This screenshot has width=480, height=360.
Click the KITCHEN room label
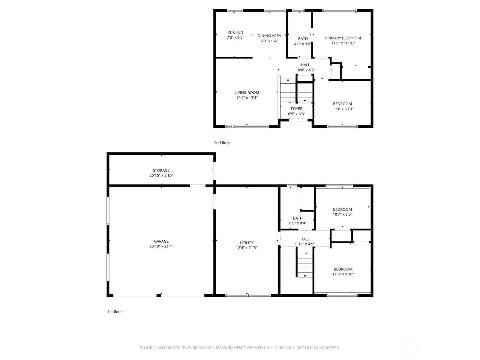coord(235,32)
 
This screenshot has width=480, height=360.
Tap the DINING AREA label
coord(269,36)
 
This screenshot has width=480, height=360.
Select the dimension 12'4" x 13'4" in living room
coord(247,98)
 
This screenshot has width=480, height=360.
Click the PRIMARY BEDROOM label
coord(343,38)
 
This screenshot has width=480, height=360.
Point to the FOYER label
coord(296,109)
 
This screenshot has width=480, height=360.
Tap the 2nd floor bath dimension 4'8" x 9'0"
coord(303,44)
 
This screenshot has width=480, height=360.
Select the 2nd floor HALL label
coord(305,65)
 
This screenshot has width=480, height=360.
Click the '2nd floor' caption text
coord(222,143)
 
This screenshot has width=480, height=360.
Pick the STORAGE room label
coord(161,170)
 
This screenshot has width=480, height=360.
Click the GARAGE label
coord(161,241)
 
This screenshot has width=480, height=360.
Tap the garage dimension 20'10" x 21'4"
coord(161,246)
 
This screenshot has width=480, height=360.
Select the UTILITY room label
coord(246,243)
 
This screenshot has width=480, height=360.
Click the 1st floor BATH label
coord(298,218)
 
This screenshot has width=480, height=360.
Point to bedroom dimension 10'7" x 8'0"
coord(342,214)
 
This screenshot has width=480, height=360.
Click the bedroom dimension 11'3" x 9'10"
coord(343,274)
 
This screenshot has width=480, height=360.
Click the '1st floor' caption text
coord(115,312)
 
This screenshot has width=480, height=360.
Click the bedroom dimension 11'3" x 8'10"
coord(342,109)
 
